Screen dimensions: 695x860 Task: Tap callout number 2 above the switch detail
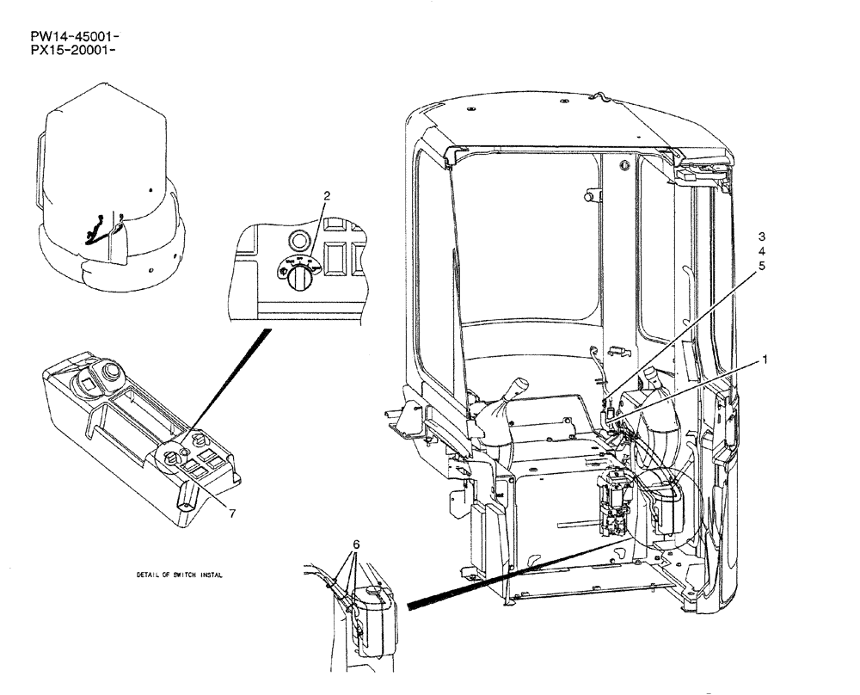coord(327,196)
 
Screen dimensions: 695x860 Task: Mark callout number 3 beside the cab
coord(761,236)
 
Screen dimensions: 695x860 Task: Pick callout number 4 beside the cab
coord(761,251)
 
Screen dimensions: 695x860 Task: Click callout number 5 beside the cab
coord(761,266)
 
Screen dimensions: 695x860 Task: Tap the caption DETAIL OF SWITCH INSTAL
coord(179,575)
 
